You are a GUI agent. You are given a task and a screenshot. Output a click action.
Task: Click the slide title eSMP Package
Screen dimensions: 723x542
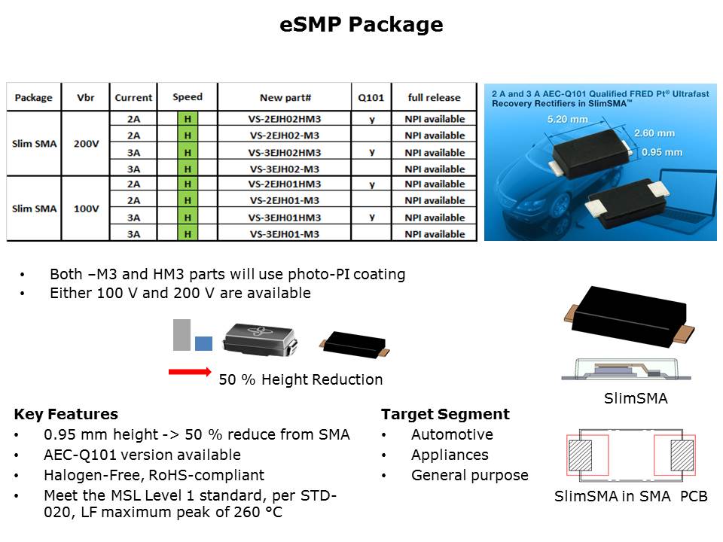[x=361, y=25]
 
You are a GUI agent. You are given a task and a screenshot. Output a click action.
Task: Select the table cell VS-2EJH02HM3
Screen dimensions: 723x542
[x=285, y=119]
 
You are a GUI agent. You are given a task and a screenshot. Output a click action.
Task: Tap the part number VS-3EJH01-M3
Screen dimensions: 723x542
[x=285, y=234]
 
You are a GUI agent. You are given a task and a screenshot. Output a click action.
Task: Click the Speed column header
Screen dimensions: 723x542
[x=188, y=97]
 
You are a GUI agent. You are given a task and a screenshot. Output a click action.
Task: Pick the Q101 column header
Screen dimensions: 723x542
[x=371, y=98]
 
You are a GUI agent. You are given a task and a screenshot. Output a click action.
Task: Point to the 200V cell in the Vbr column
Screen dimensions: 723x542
[x=86, y=144]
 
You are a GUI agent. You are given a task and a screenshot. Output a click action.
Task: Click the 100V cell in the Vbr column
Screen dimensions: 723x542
[x=86, y=209]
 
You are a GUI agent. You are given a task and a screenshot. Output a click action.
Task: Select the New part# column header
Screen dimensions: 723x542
[x=285, y=98]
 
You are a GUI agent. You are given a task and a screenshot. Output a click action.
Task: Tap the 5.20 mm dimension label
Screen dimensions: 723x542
[x=568, y=120]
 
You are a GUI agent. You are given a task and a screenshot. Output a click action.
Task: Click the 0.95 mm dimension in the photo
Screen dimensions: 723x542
[x=662, y=152]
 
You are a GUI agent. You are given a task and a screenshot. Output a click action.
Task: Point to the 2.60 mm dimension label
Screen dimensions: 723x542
[x=654, y=133]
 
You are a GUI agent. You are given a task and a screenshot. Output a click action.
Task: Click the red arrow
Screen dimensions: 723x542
[x=190, y=371]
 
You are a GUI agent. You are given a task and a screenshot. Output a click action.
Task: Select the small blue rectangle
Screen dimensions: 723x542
[x=204, y=343]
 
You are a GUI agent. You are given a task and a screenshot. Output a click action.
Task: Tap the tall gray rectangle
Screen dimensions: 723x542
[x=182, y=335]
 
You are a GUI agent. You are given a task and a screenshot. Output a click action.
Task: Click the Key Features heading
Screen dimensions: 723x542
[x=66, y=414]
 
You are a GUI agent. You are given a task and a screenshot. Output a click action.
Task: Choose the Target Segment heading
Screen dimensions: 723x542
[x=445, y=414]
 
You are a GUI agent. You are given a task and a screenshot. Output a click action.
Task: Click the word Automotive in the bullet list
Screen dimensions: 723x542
[x=452, y=434]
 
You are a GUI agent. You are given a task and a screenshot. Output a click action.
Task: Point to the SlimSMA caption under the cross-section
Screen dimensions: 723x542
[x=636, y=398]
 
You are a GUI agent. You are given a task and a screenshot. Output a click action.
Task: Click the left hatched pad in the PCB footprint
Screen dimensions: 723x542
[x=581, y=455]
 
